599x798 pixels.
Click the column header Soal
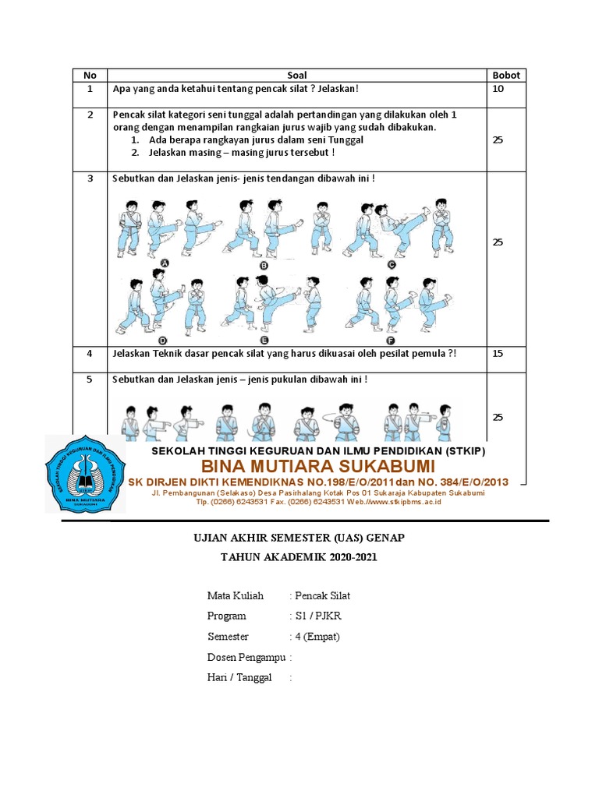(x=297, y=76)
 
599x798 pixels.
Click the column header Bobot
(x=505, y=76)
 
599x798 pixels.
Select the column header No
(x=90, y=76)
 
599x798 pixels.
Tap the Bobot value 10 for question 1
(x=498, y=89)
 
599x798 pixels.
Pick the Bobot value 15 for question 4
(x=498, y=353)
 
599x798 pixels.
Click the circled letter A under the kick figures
(x=165, y=264)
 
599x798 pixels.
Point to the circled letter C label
(x=391, y=264)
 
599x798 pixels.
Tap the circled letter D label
(x=163, y=341)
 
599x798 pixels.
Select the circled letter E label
(x=264, y=341)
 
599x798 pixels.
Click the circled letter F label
(x=390, y=341)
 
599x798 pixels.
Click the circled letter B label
(x=264, y=264)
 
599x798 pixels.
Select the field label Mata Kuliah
(x=236, y=596)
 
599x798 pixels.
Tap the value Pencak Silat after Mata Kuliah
(x=322, y=596)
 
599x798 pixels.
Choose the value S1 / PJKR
(x=317, y=616)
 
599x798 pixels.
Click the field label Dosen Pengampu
(x=246, y=657)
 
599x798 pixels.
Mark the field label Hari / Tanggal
(x=239, y=677)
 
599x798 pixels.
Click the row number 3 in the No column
(x=90, y=178)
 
